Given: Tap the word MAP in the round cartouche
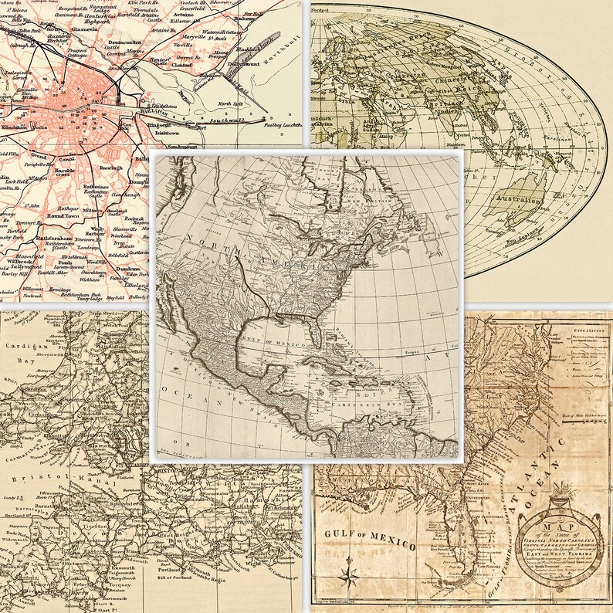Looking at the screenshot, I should (x=569, y=526).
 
